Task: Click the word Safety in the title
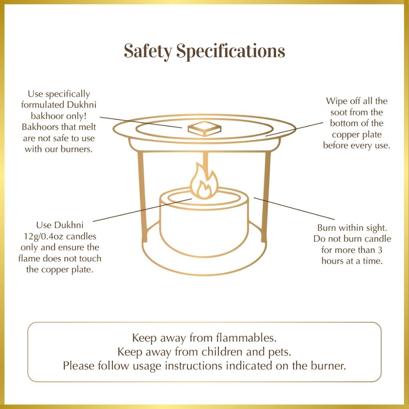point(148,51)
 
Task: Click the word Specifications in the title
point(231,51)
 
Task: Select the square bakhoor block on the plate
point(204,129)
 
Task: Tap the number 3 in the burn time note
point(380,250)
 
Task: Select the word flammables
point(246,338)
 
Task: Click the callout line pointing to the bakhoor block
point(141,122)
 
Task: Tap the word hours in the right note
point(331,261)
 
